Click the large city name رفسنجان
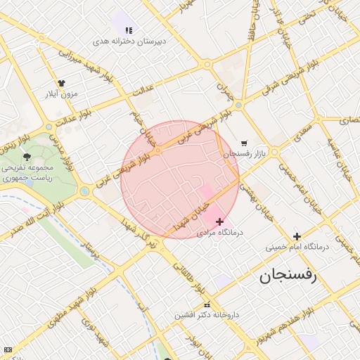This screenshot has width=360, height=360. coord(288,276)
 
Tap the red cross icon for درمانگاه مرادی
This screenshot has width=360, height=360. coord(219,221)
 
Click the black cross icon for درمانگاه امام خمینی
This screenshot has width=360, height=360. coord(297,236)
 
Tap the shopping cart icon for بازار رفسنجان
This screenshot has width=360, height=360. coord(244,143)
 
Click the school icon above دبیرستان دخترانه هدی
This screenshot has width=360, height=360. coord(128,30)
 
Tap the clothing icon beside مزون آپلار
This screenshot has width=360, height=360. coord(61,83)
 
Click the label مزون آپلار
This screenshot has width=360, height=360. coord(61,93)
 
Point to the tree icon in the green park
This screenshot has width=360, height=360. coord(27,157)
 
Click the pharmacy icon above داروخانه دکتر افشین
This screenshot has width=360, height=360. coord(206,304)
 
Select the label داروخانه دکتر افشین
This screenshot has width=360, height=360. coord(207,315)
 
